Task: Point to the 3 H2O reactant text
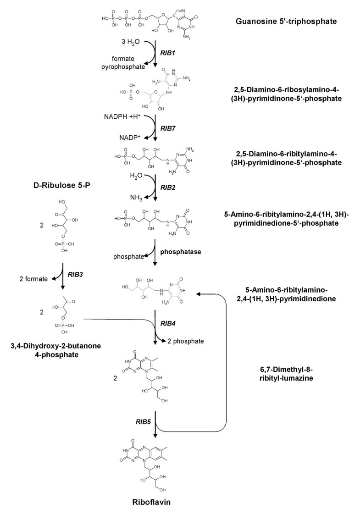[126, 42]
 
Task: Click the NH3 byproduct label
[133, 198]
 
